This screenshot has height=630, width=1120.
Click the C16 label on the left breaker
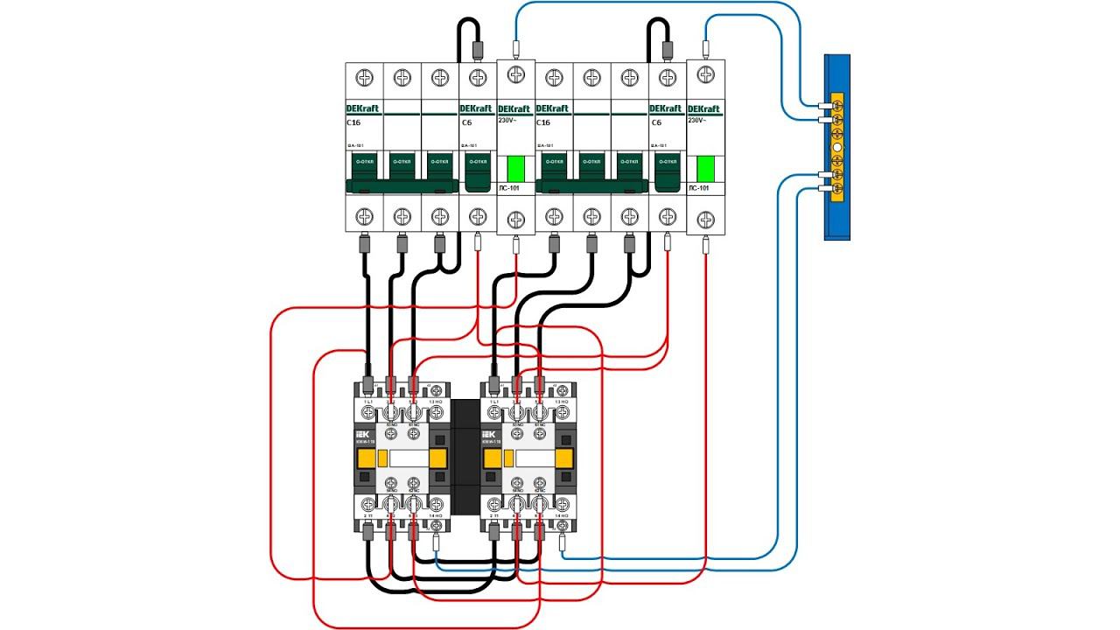point(353,122)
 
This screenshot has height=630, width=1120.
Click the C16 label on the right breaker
point(543,122)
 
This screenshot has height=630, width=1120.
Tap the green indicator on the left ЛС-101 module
point(515,167)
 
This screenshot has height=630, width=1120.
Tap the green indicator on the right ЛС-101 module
point(705,167)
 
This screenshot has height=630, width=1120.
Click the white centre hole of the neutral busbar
point(837,147)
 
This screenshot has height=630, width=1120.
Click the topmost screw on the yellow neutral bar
point(837,104)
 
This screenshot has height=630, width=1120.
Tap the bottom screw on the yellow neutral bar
point(837,189)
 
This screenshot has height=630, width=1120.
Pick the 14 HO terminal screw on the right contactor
point(562,505)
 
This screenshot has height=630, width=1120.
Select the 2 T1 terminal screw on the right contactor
point(494,505)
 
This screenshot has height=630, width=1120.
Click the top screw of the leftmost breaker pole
point(364,78)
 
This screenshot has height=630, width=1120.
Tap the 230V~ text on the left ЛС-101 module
point(508,120)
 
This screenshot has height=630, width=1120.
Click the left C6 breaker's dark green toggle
point(477,172)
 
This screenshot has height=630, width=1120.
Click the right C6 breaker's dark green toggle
point(667,172)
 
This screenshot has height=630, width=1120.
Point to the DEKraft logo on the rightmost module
point(705,109)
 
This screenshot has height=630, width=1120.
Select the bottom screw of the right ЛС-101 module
point(705,218)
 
